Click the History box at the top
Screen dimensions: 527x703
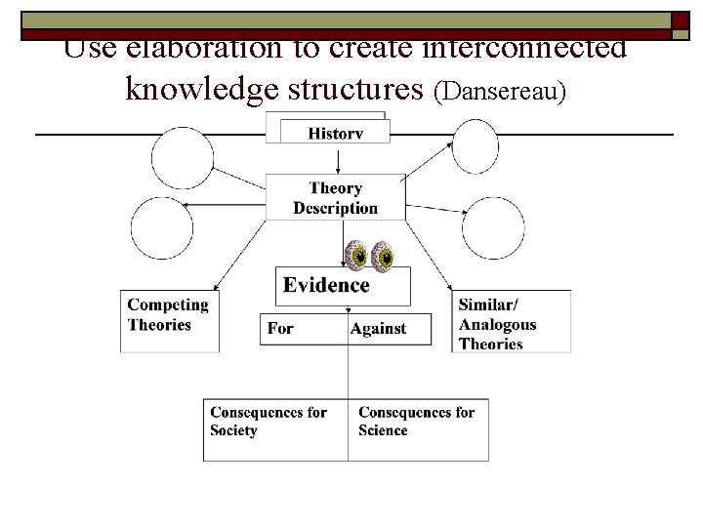click(335, 133)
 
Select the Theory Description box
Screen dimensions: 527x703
click(335, 198)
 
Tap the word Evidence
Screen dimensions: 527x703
click(326, 285)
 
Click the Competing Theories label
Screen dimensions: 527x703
click(168, 314)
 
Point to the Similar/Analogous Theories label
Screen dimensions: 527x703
click(498, 323)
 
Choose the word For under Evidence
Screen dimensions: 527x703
click(280, 328)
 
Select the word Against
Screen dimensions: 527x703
click(378, 328)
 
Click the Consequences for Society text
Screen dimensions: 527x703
click(269, 421)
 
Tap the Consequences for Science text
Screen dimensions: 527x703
click(416, 421)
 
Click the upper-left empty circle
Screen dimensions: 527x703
click(182, 158)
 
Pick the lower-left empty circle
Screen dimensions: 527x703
click(162, 227)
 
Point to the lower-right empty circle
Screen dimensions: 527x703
click(493, 228)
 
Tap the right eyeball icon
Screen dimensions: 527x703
click(386, 257)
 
